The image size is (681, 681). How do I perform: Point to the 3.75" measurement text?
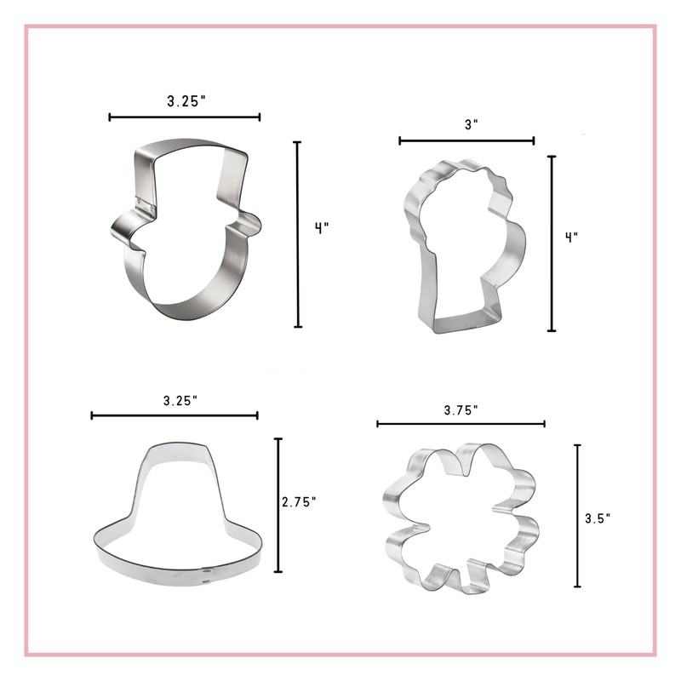click(461, 409)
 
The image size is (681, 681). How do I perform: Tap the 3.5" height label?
click(598, 517)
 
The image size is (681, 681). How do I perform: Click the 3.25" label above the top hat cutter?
click(186, 100)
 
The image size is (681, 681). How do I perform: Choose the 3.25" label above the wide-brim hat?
click(180, 399)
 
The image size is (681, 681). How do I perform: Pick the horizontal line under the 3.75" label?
click(461, 423)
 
